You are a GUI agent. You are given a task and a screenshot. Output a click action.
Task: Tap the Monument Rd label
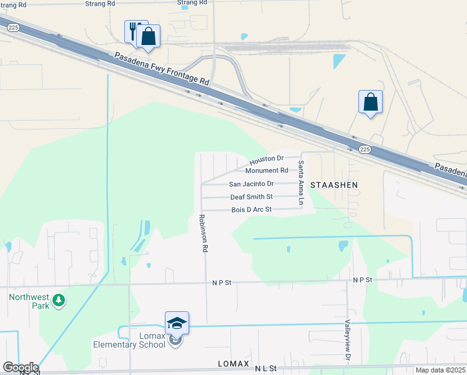[x=267, y=170]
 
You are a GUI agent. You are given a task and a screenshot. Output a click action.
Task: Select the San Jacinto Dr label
[x=251, y=184]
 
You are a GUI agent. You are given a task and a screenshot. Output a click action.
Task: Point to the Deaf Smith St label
[x=252, y=197]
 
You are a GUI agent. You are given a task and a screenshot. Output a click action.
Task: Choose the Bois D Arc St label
[x=252, y=209]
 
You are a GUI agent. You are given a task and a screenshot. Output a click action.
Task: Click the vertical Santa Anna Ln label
[x=301, y=183]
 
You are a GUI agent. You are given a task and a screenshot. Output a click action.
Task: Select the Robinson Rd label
[x=203, y=233]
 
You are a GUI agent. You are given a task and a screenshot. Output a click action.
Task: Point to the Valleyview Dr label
[x=347, y=341]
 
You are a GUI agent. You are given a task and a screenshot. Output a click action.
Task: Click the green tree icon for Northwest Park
[x=59, y=301]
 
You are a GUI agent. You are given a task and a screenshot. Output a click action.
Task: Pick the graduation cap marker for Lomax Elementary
[x=177, y=323]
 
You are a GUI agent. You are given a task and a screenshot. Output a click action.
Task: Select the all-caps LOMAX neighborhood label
[x=234, y=363]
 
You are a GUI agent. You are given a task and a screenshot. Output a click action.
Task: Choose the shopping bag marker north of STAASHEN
[x=370, y=101]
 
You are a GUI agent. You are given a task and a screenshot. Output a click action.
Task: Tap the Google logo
[x=20, y=367]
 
